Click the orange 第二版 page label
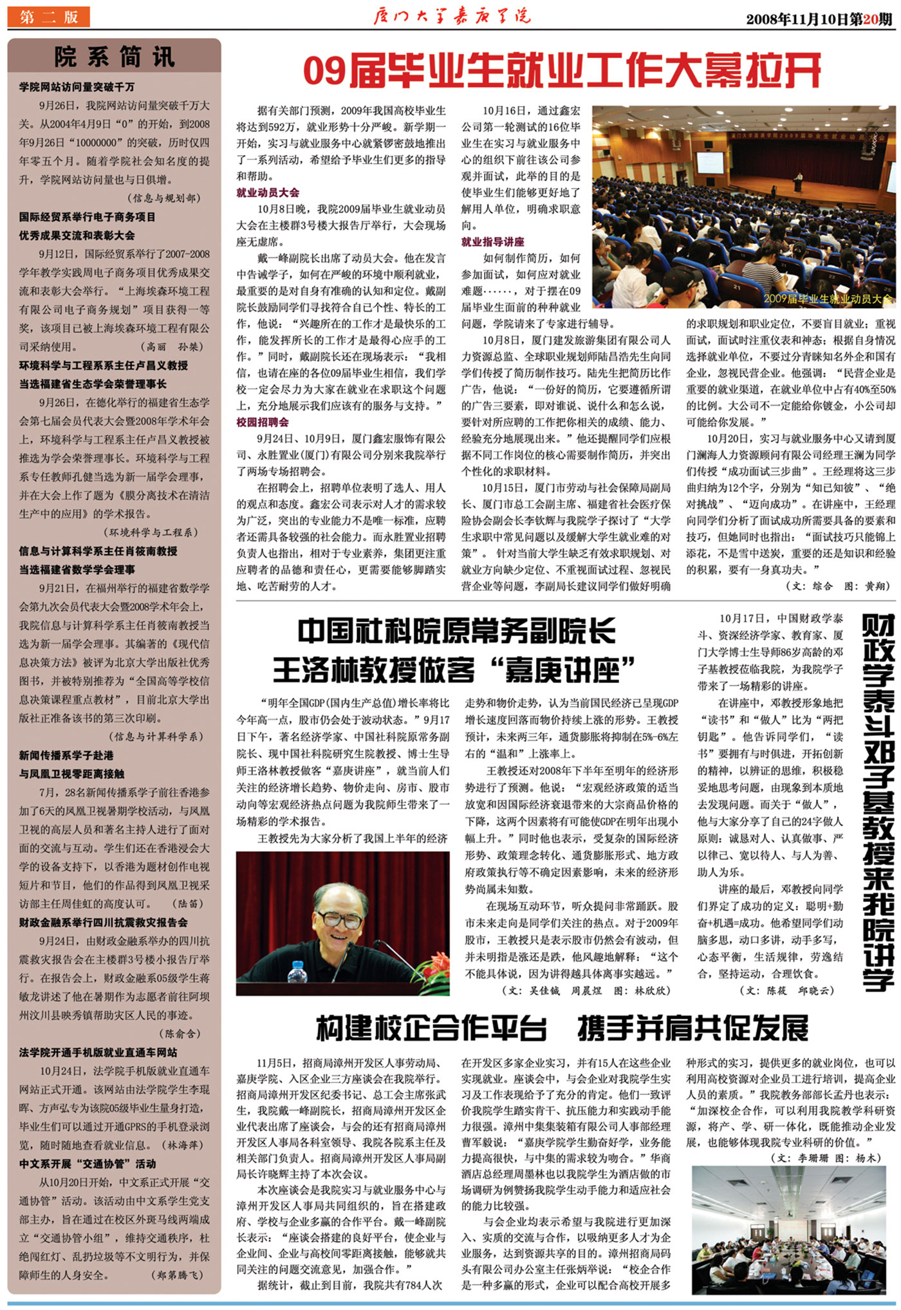click(x=48, y=17)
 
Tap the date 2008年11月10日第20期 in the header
click(x=819, y=19)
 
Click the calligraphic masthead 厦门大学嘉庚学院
click(x=452, y=15)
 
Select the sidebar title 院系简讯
click(x=114, y=57)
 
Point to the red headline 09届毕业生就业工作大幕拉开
click(x=562, y=71)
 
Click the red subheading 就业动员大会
click(x=268, y=192)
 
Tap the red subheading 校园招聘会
click(x=263, y=422)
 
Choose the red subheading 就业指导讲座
click(x=493, y=242)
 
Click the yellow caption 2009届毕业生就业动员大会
click(x=828, y=299)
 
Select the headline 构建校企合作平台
click(x=431, y=1028)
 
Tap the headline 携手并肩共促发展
click(x=692, y=1028)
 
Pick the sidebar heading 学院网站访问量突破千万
click(x=77, y=87)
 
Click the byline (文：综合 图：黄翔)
click(x=838, y=586)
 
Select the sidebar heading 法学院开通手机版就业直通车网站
click(x=98, y=1053)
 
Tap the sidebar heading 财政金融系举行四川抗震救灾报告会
click(x=103, y=922)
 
